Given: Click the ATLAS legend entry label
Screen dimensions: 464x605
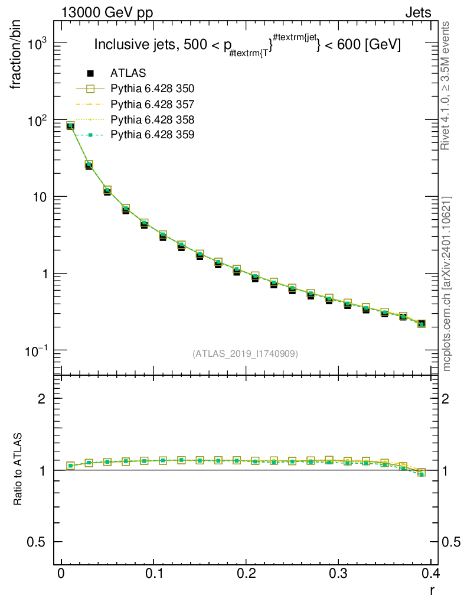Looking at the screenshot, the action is click(x=128, y=73).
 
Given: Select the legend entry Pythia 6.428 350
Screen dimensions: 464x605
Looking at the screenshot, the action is click(x=152, y=89).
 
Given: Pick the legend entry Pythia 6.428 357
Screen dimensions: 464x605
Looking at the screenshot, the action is click(x=152, y=104).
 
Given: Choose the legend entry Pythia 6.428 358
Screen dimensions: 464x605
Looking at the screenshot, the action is click(x=152, y=119).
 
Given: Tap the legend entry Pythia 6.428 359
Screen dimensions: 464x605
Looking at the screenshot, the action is click(x=152, y=135).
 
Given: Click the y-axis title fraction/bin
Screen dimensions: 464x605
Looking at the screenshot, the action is click(x=16, y=55).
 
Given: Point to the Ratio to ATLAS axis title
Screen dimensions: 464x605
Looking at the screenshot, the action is click(x=17, y=469).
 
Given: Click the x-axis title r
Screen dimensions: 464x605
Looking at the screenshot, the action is click(x=432, y=590).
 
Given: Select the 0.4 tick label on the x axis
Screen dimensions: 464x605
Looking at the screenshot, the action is click(x=431, y=573).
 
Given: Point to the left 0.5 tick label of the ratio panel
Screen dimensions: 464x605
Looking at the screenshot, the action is click(x=36, y=542).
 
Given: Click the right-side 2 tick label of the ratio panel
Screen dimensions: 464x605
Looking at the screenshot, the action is click(x=445, y=399).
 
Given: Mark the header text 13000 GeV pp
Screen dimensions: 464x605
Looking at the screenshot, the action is click(x=107, y=13).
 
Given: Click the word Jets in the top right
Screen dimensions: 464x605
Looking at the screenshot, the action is click(x=418, y=13).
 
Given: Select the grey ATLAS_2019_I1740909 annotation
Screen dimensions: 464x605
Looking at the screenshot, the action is click(x=245, y=353).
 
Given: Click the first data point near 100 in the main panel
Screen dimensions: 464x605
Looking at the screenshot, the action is click(x=70, y=126).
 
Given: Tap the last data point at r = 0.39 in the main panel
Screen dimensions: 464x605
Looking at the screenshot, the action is click(x=421, y=324).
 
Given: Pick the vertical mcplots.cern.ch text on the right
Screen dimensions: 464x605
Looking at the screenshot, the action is click(x=446, y=284).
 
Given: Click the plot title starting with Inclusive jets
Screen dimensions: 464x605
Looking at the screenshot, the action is click(x=247, y=45).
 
